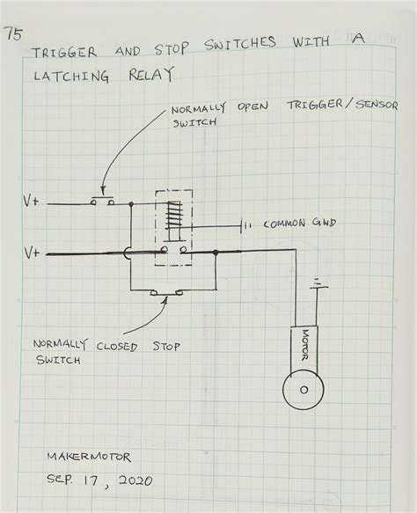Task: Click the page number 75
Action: click(x=13, y=35)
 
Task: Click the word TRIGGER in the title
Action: click(x=65, y=52)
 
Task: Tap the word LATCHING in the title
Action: click(x=72, y=77)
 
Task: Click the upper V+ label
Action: click(x=31, y=202)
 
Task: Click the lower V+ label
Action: click(x=32, y=253)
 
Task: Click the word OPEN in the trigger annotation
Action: click(x=251, y=107)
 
